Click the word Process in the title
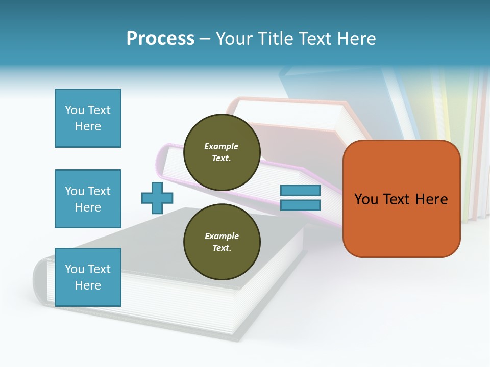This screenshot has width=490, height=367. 160,38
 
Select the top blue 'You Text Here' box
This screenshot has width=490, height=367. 88,118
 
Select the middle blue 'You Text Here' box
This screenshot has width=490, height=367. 88,199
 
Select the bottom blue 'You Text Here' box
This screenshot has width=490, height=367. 88,277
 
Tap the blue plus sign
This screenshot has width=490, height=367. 157,198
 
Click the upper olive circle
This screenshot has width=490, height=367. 222,152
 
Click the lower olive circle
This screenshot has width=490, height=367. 222,242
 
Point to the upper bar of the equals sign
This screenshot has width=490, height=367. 300,190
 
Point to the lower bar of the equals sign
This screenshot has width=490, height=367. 300,205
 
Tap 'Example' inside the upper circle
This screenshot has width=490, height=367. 222,146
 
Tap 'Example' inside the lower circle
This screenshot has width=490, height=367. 222,236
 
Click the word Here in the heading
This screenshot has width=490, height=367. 356,38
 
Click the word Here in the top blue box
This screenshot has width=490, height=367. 88,126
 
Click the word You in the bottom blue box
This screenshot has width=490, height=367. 75,269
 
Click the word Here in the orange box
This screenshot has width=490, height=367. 431,199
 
